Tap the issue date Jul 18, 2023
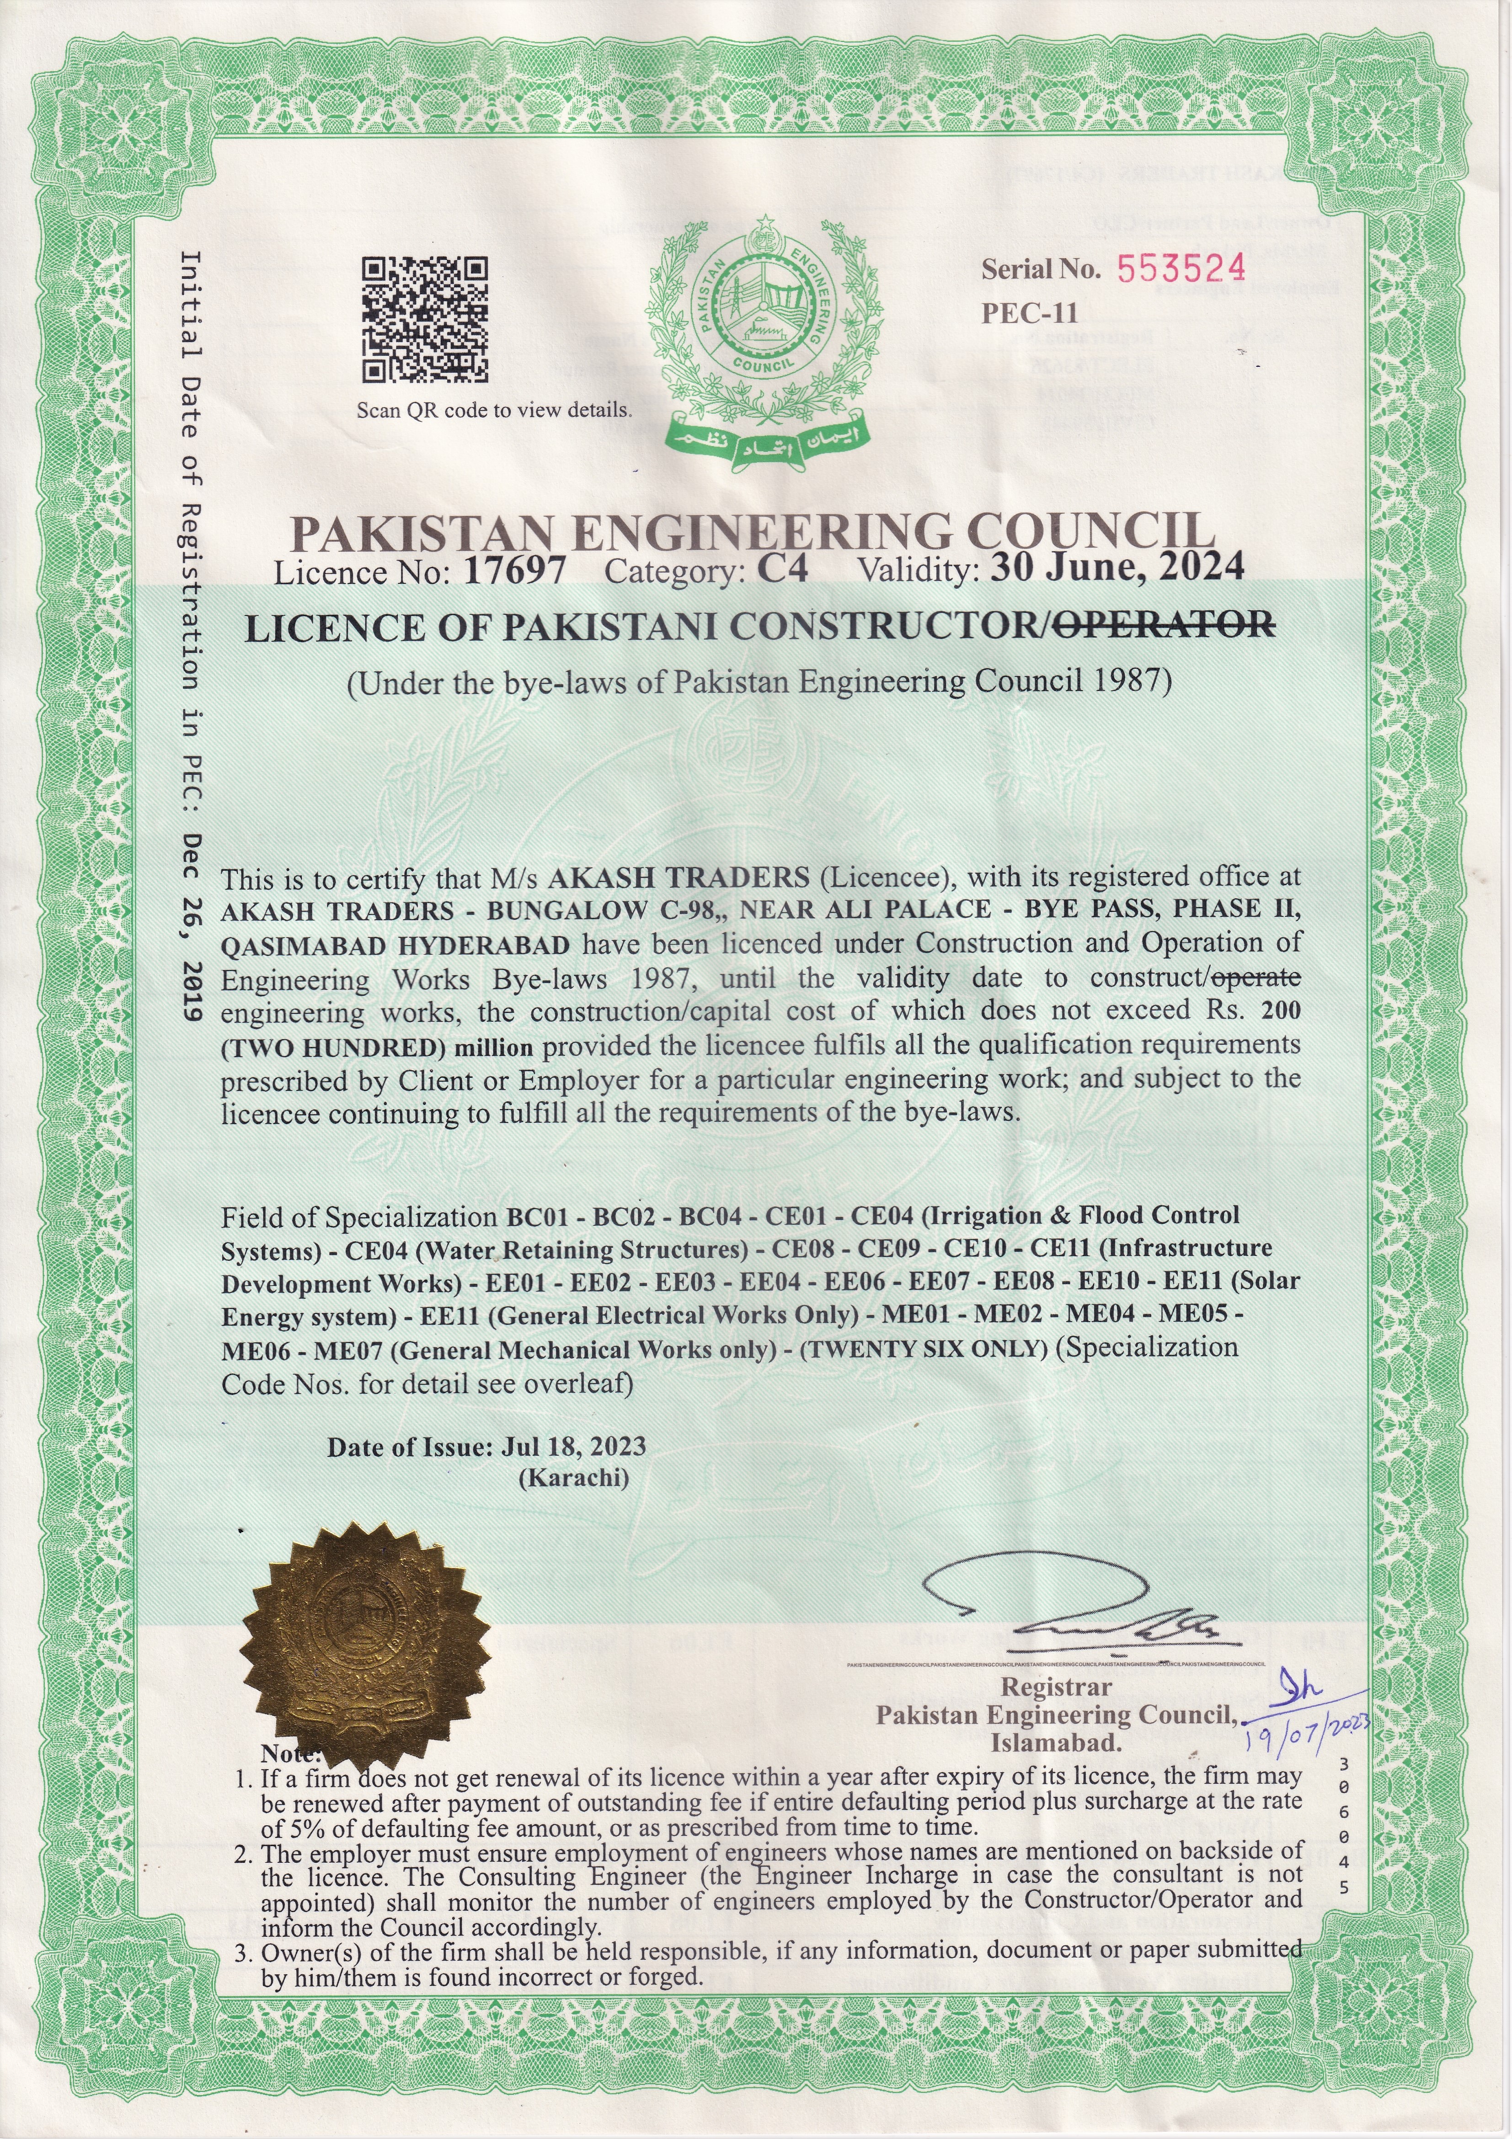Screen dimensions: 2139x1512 pyautogui.click(x=573, y=1446)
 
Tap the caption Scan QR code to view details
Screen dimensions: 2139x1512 pyautogui.click(x=494, y=410)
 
